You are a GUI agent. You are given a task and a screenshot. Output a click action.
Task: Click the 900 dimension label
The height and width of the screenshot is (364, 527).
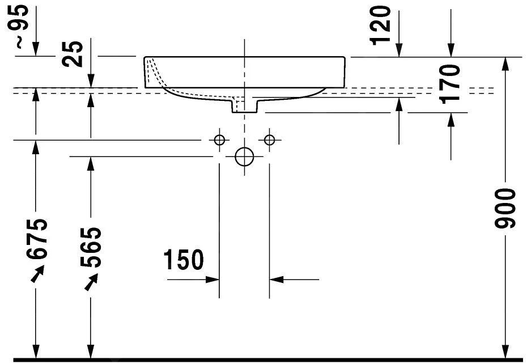pyautogui.click(x=505, y=209)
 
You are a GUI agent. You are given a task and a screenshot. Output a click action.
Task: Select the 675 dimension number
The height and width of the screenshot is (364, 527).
pyautogui.click(x=37, y=239)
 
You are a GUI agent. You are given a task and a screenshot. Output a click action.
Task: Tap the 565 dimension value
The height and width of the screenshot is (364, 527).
pyautogui.click(x=91, y=247)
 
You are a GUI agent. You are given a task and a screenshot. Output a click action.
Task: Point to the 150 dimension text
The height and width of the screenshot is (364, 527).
pyautogui.click(x=184, y=260)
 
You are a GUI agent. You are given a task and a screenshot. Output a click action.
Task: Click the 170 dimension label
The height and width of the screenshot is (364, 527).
pyautogui.click(x=450, y=84)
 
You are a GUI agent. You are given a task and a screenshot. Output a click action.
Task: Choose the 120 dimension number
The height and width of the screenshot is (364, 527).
pyautogui.click(x=380, y=26)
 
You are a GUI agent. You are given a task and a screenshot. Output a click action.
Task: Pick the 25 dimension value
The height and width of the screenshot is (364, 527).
pyautogui.click(x=73, y=54)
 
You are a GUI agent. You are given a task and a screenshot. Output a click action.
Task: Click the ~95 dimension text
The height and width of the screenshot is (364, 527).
pyautogui.click(x=22, y=25)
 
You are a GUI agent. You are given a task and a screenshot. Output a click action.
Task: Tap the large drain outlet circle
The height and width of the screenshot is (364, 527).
pyautogui.click(x=244, y=156)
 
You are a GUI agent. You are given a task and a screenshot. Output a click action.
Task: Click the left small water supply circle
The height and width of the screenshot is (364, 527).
pyautogui.click(x=219, y=139)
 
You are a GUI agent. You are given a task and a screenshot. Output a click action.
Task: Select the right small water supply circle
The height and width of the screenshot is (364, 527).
pyautogui.click(x=270, y=139)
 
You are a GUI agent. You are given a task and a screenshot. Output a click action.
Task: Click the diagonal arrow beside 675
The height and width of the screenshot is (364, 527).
pyautogui.click(x=37, y=273)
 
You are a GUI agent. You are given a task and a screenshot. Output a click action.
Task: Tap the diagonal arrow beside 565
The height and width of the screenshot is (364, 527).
pyautogui.click(x=91, y=282)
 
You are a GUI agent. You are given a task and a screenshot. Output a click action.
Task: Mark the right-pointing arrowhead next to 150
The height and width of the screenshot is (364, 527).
pyautogui.click(x=212, y=279)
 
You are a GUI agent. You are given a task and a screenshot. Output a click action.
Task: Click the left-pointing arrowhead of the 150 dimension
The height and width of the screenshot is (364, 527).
pyautogui.click(x=277, y=279)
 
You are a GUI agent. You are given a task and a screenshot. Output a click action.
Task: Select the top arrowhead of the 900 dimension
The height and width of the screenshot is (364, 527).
pyautogui.click(x=505, y=64)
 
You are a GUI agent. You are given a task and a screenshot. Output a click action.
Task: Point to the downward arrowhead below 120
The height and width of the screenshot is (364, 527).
pyautogui.click(x=399, y=50)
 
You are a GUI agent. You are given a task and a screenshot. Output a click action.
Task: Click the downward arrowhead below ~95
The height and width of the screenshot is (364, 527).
pyautogui.click(x=36, y=49)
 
